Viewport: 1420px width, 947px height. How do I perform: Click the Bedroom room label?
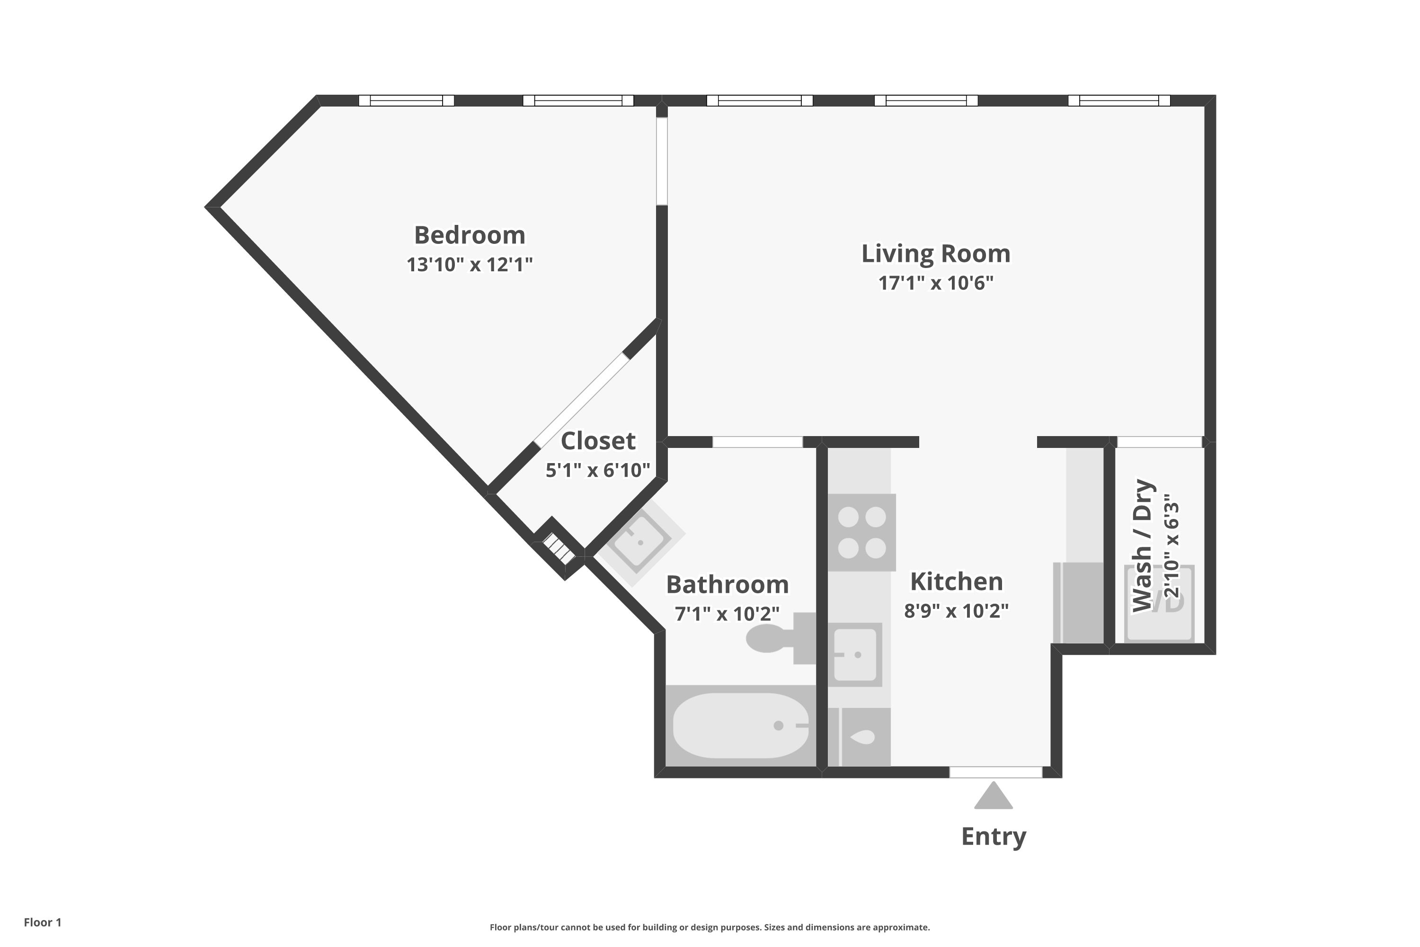pos(469,235)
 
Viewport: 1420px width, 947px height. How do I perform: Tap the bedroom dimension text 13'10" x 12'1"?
pos(469,265)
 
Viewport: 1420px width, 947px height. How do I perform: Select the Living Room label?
pos(935,254)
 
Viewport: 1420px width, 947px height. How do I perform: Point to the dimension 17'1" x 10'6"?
pos(935,283)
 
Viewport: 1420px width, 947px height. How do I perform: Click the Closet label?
pos(598,441)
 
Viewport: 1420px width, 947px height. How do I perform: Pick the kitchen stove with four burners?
pos(861,532)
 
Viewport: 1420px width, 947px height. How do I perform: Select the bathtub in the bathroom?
pos(740,725)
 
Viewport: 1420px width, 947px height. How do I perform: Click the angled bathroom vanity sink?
pos(639,541)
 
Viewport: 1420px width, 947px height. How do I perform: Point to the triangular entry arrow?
pos(993,796)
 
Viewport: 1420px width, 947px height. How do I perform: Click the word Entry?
pos(993,837)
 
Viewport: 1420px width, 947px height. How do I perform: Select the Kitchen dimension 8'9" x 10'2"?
pos(956,611)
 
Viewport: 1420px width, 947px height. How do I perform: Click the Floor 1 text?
pos(42,922)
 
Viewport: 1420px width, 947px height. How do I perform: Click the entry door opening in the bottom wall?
pos(995,772)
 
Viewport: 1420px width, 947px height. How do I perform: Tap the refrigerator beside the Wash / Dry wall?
pos(1078,603)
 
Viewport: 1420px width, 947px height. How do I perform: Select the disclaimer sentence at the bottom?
pos(710,927)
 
